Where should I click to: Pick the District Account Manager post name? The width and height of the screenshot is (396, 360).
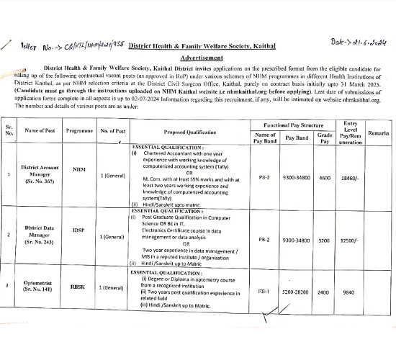pyautogui.click(x=40, y=174)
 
